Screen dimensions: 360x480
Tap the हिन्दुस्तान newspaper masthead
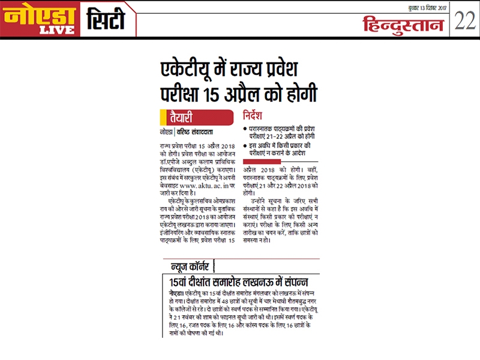403,25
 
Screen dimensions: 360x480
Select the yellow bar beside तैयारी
163,116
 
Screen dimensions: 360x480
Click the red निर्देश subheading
256,115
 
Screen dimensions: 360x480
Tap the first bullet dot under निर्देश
245,130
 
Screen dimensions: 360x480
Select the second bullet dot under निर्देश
245,146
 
